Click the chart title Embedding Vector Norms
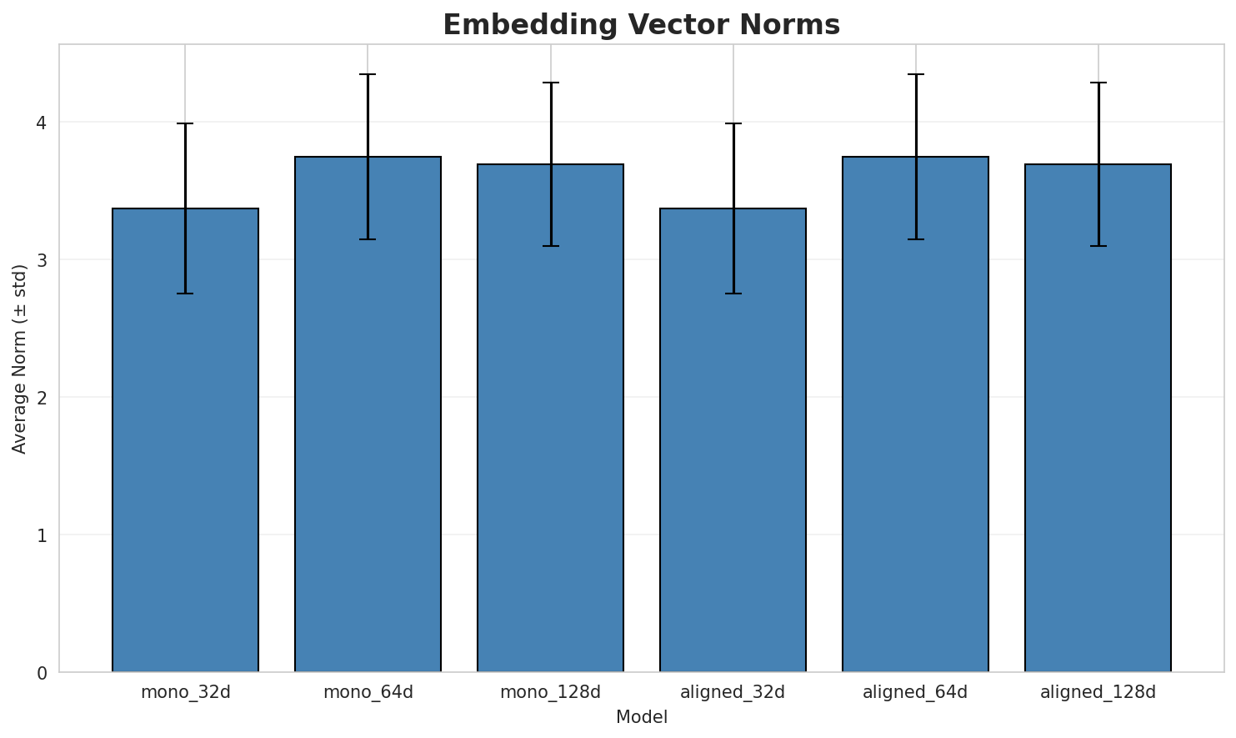coord(641,25)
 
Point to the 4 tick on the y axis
coord(41,123)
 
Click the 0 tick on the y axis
coord(41,672)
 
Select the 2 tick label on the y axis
coord(41,398)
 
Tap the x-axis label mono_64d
coord(368,692)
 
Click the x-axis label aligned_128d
coord(1098,692)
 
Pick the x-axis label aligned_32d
coord(733,692)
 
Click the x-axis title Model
coord(641,717)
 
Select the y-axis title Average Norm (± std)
coord(20,359)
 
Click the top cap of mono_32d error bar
coord(185,123)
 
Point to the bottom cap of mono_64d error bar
coord(368,239)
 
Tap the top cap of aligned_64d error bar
coord(915,74)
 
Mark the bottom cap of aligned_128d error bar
coord(1098,246)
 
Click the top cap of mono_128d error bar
coord(550,83)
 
